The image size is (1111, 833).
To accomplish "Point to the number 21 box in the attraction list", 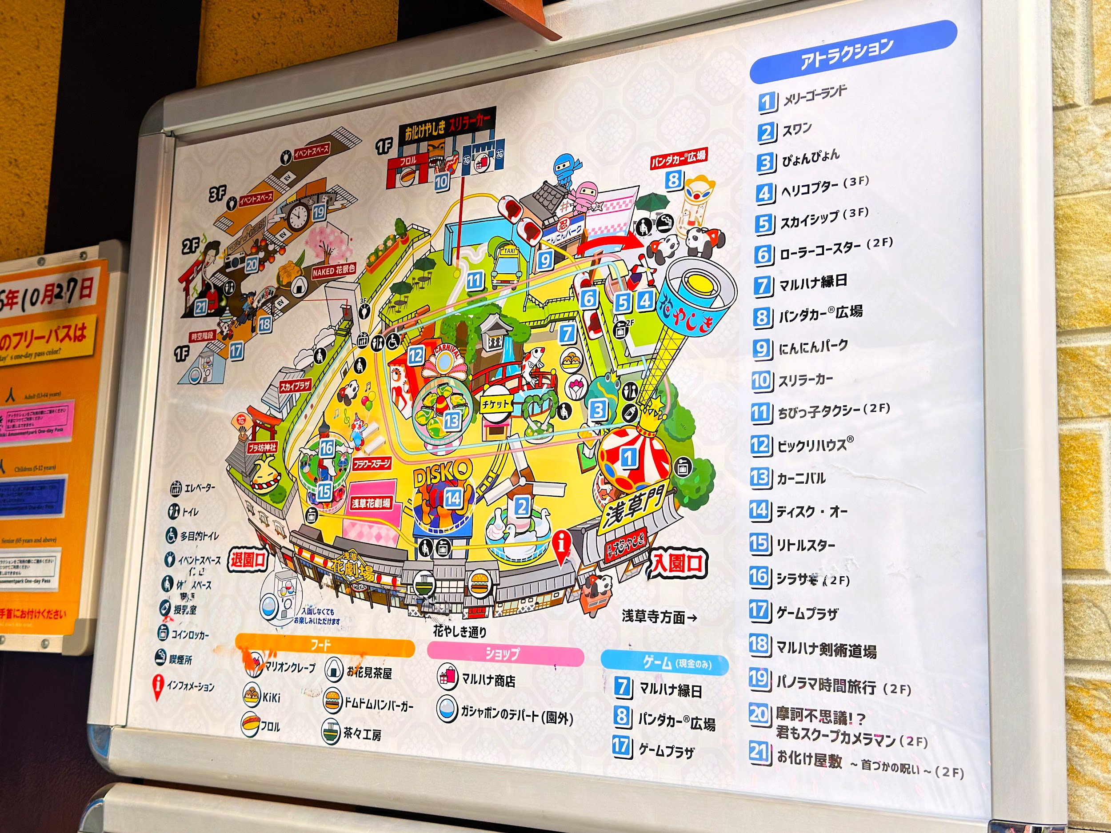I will click(x=759, y=753).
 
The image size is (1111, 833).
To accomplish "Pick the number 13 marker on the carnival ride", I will click(x=452, y=420).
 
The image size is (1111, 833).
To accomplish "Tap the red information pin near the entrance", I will click(x=562, y=545).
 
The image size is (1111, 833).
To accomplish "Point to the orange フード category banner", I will click(x=324, y=645).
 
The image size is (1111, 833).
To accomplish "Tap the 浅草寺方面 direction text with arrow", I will click(x=659, y=617).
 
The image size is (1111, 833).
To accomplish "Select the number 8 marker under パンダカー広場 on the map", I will click(x=674, y=179).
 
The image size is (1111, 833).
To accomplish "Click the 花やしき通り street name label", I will click(x=460, y=632).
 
